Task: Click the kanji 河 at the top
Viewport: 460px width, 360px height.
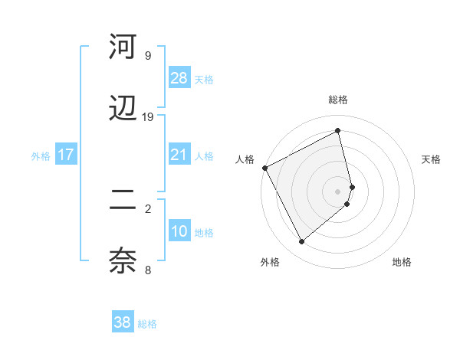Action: click(123, 47)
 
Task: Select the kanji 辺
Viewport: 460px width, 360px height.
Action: click(123, 109)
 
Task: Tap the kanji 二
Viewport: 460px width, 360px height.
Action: click(123, 201)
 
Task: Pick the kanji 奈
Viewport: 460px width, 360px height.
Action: click(123, 261)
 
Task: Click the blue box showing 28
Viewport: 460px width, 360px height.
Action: click(179, 78)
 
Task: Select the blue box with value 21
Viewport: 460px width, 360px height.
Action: click(179, 155)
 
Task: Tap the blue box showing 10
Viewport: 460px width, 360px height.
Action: click(179, 231)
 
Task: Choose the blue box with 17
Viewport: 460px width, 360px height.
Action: click(66, 155)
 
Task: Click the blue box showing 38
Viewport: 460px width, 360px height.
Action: click(123, 322)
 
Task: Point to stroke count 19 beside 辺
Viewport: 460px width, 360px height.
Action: click(148, 116)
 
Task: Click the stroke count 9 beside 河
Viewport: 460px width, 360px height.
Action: click(148, 55)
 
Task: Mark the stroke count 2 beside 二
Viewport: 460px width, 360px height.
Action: click(148, 208)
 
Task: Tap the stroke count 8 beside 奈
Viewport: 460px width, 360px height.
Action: click(148, 270)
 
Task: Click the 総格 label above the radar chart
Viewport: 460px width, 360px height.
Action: click(338, 100)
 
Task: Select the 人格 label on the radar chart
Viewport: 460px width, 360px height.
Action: click(245, 159)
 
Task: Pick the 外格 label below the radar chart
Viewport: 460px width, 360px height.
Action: click(270, 262)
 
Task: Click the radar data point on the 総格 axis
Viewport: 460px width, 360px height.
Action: click(338, 131)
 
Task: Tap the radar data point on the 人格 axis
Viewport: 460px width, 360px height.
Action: click(264, 168)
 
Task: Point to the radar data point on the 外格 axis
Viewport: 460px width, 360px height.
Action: click(301, 241)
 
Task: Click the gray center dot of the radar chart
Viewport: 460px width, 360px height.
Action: click(338, 191)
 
